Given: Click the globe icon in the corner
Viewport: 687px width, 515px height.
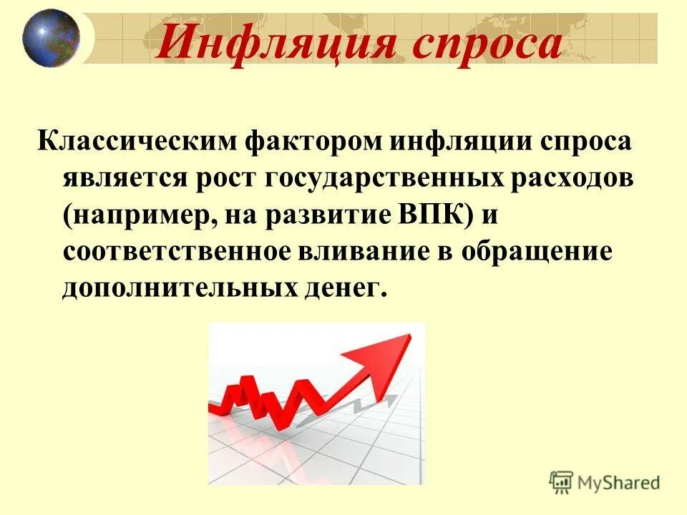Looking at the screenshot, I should [x=51, y=36].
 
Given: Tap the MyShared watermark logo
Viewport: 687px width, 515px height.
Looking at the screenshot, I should [x=605, y=481].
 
